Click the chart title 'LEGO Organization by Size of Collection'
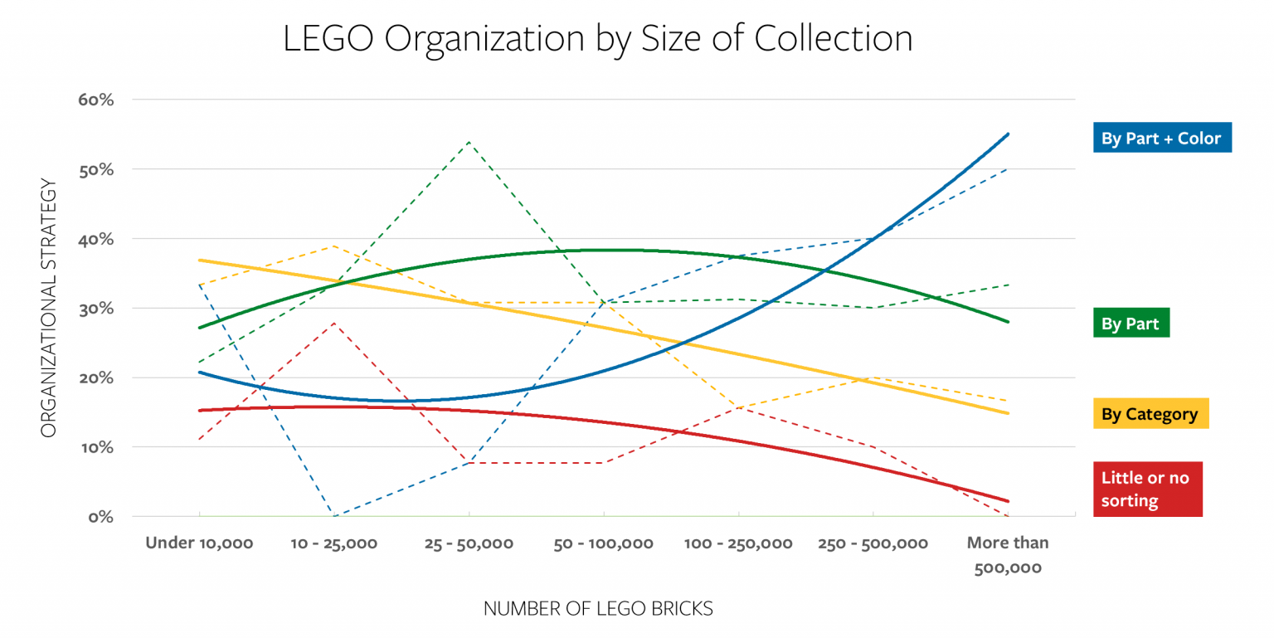pyautogui.click(x=597, y=39)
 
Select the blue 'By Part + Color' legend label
pyautogui.click(x=1160, y=138)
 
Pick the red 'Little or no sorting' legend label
pyautogui.click(x=1145, y=489)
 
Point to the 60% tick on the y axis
pyautogui.click(x=95, y=100)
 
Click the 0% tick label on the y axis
pyautogui.click(x=100, y=516)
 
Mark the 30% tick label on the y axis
pyautogui.click(x=95, y=308)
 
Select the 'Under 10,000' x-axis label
pyautogui.click(x=199, y=543)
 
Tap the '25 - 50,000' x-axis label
pyautogui.click(x=469, y=543)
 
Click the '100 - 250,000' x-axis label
pyautogui.click(x=737, y=543)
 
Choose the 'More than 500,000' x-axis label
pyautogui.click(x=1007, y=556)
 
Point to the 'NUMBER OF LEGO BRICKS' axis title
pyautogui.click(x=598, y=608)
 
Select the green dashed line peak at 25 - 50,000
pyautogui.click(x=469, y=141)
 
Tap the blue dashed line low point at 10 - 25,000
pyautogui.click(x=333, y=515)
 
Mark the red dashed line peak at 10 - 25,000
pyautogui.click(x=333, y=323)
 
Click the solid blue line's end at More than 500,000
pyautogui.click(x=1008, y=134)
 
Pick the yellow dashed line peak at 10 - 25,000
pyautogui.click(x=333, y=246)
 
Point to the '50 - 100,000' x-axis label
pyautogui.click(x=603, y=543)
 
